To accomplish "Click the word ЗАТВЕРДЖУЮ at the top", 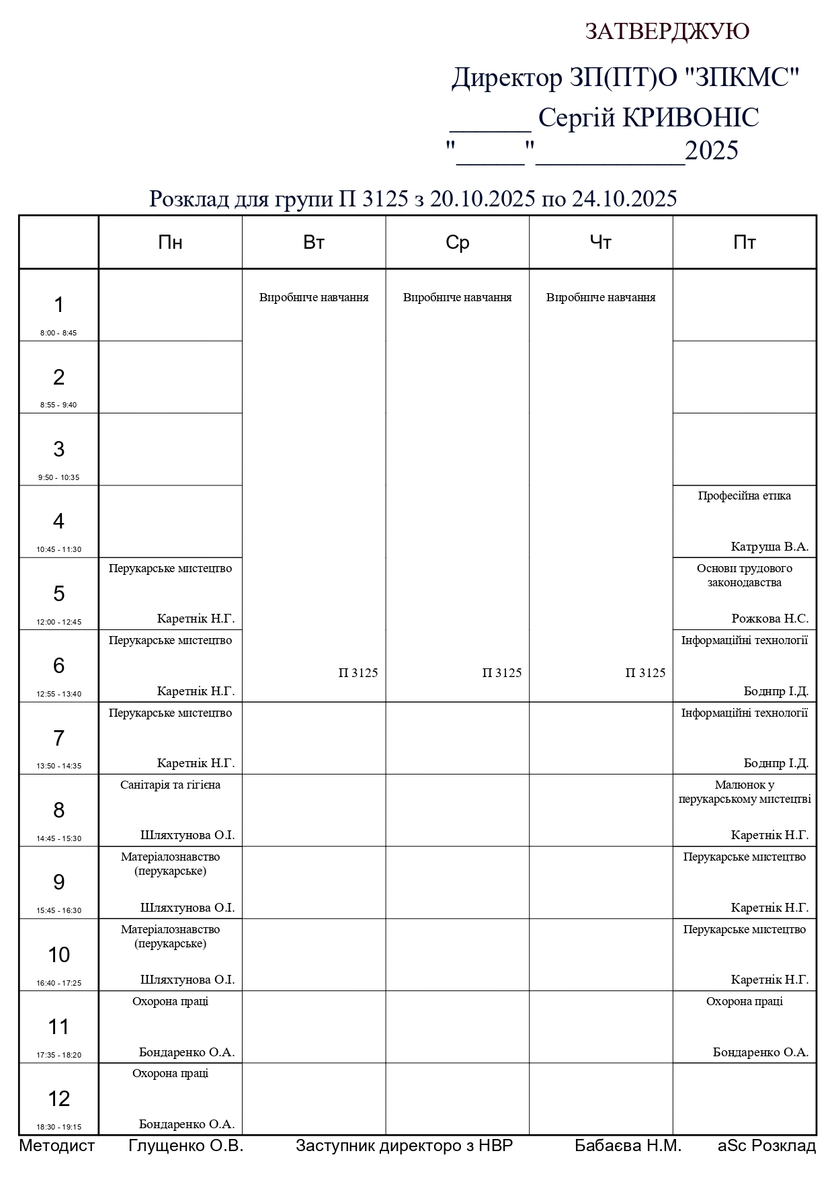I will (x=667, y=32).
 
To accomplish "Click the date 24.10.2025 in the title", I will (x=624, y=199).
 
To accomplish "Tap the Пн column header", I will (x=170, y=243).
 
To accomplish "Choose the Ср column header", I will (x=457, y=243).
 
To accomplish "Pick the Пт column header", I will (x=744, y=243).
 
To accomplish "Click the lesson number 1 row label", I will (x=58, y=305).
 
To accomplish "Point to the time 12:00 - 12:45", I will (x=58, y=622).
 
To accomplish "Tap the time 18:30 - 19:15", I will (x=58, y=1127).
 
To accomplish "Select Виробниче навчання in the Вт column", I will (x=314, y=297).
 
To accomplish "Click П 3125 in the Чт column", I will (x=645, y=673).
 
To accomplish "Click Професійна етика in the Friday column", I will (x=744, y=496).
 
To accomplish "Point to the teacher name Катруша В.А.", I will (x=769, y=547).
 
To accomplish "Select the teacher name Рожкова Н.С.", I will (x=769, y=619).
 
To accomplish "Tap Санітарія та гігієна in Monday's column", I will (x=170, y=785).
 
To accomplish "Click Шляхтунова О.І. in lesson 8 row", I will (x=187, y=835).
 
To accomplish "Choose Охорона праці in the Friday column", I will (x=744, y=1001).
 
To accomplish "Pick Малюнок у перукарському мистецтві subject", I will (x=744, y=792).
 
